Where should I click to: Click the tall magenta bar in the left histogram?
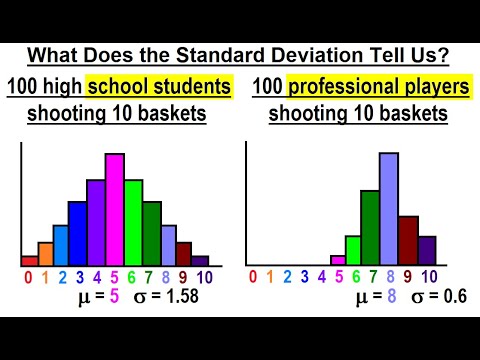114,210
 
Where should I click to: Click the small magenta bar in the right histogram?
337,260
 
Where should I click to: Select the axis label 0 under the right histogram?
253,277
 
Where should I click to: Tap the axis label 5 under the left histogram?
114,277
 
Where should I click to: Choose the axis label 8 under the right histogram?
389,277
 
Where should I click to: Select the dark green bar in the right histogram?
370,227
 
